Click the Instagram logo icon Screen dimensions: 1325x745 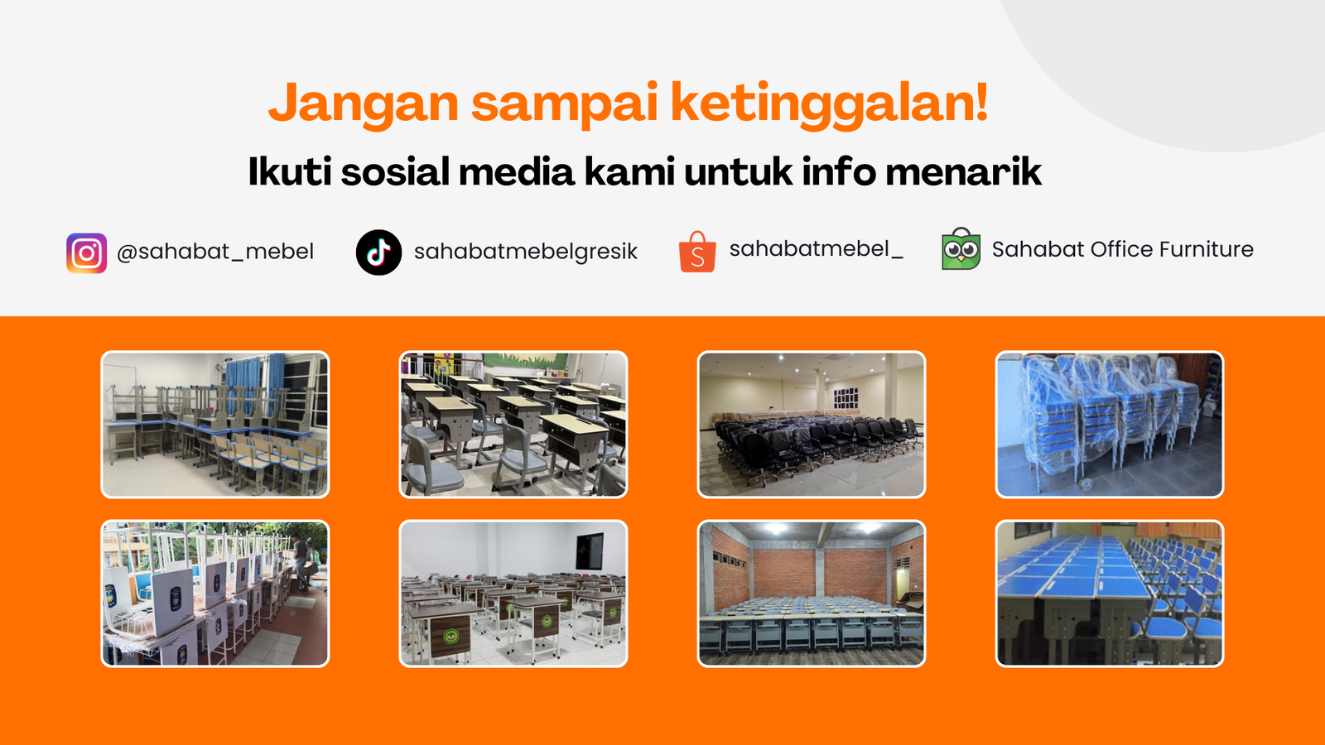(x=86, y=253)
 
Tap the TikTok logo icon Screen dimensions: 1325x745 (x=378, y=252)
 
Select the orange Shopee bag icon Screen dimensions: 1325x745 (x=697, y=252)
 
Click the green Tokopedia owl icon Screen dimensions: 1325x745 (x=961, y=249)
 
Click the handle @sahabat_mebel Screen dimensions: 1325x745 (x=215, y=252)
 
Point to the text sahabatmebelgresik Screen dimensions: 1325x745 (x=525, y=252)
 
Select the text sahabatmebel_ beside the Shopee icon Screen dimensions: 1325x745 (x=817, y=249)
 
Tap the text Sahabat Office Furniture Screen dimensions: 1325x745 (x=1123, y=249)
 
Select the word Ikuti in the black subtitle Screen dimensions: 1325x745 (x=290, y=171)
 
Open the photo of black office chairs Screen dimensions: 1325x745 (x=812, y=425)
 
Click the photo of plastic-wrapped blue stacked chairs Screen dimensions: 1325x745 (x=1110, y=425)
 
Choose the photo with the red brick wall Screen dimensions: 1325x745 (x=812, y=594)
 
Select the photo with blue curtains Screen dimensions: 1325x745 (x=215, y=425)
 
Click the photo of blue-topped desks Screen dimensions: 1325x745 (x=1110, y=594)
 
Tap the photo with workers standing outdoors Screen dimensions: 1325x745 (x=215, y=594)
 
